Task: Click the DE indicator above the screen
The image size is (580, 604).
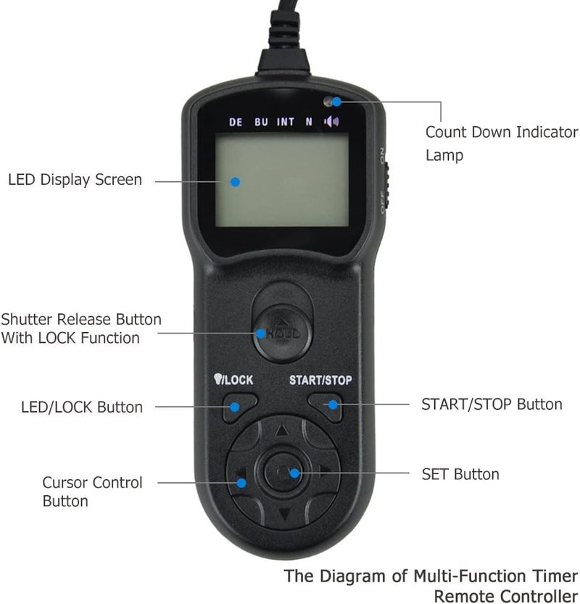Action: pos(236,122)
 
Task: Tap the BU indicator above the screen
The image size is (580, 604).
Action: pos(261,122)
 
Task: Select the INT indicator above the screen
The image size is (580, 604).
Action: pos(286,122)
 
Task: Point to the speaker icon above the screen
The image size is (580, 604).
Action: pos(331,121)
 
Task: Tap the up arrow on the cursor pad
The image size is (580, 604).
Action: pos(281,429)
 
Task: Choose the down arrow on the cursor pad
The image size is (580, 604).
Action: pos(283,516)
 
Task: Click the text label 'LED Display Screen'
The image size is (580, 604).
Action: pos(75,179)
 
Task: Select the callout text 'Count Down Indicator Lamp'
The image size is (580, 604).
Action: pos(501,143)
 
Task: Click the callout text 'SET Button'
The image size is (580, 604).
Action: pos(460,474)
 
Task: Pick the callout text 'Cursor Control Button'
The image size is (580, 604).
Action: pos(92,492)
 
